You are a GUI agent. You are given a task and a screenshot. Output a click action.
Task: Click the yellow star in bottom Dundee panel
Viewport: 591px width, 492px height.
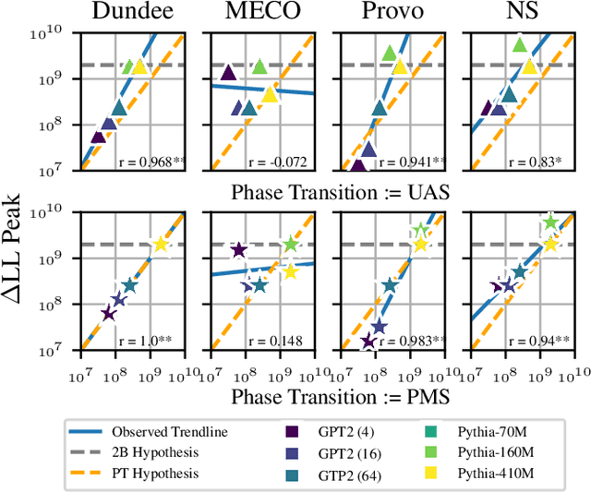coord(160,245)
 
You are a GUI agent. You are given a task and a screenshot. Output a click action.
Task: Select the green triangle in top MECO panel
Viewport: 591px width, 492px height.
coord(259,66)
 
